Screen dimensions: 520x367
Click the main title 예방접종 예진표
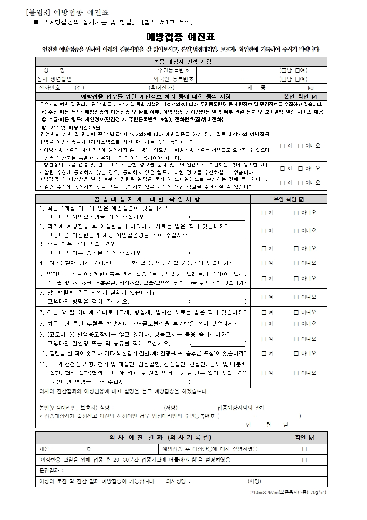click(x=181, y=37)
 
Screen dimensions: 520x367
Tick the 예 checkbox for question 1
click(x=264, y=213)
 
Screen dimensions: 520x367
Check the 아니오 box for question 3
click(x=296, y=249)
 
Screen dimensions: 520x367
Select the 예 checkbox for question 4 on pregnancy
click(x=264, y=263)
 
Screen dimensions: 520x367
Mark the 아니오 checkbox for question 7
click(x=296, y=312)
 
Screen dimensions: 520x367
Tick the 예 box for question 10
click(x=264, y=354)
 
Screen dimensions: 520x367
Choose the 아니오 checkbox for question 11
click(x=296, y=373)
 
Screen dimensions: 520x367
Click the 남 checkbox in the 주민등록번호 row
click(x=283, y=70)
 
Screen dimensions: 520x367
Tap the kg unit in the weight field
click(x=310, y=88)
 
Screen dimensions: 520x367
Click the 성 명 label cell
click(x=54, y=70)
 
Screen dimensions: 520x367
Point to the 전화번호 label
click(x=50, y=88)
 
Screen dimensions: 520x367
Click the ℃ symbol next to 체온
click(x=88, y=449)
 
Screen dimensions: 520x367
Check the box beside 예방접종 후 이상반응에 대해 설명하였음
click(x=304, y=449)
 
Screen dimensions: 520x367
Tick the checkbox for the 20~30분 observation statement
click(x=304, y=460)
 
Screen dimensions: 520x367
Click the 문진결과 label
click(x=51, y=471)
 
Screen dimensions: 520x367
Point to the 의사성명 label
click(x=178, y=481)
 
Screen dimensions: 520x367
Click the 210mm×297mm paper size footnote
click(x=288, y=493)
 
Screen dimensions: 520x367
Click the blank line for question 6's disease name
click(x=218, y=302)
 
